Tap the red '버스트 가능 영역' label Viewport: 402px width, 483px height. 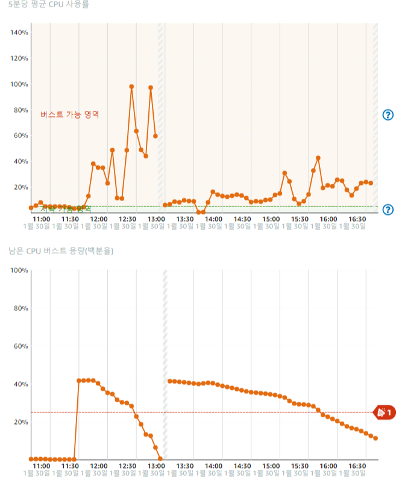pyautogui.click(x=70, y=114)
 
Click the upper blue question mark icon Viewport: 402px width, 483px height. pyautogui.click(x=388, y=115)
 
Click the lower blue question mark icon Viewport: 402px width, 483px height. pyautogui.click(x=388, y=210)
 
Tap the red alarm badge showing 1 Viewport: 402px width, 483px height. pyautogui.click(x=385, y=413)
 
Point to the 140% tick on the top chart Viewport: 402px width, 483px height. pyautogui.click(x=19, y=33)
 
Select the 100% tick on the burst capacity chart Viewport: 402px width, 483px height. pyautogui.click(x=19, y=270)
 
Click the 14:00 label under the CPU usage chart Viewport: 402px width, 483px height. pyautogui.click(x=213, y=219)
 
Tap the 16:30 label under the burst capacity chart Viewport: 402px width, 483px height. pyautogui.click(x=357, y=466)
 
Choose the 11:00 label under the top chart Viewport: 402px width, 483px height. pyautogui.click(x=41, y=219)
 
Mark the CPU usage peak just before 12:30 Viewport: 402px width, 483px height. pyautogui.click(x=131, y=87)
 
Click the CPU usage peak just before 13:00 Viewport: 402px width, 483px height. pyautogui.click(x=151, y=88)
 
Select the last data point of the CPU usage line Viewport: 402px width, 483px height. pyautogui.click(x=371, y=183)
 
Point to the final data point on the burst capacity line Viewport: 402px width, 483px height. pyautogui.click(x=375, y=438)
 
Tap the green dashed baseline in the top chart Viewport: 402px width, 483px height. pyautogui.click(x=241, y=207)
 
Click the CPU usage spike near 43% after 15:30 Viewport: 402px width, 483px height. pyautogui.click(x=318, y=158)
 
